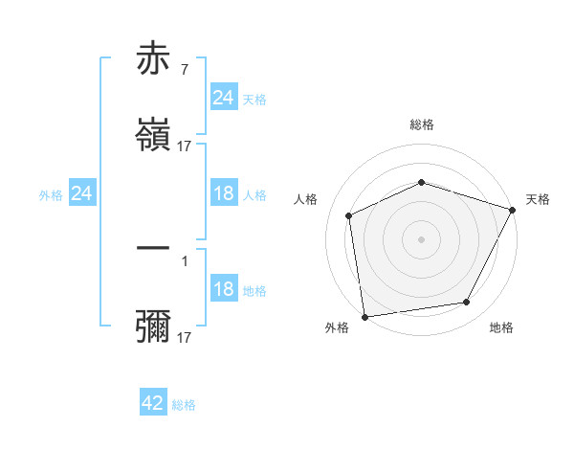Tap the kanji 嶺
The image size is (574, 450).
pyautogui.click(x=153, y=135)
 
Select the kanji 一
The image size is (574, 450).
pyautogui.click(x=153, y=249)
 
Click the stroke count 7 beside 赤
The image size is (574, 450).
pyautogui.click(x=184, y=69)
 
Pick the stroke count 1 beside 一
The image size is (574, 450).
pyautogui.click(x=184, y=259)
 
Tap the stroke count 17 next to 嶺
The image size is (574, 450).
pyautogui.click(x=185, y=146)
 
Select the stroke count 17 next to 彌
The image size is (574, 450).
pyautogui.click(x=185, y=338)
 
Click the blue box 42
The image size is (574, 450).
pyautogui.click(x=153, y=403)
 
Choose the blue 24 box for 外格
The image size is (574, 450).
pyautogui.click(x=81, y=194)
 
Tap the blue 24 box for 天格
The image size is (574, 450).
pyautogui.click(x=223, y=97)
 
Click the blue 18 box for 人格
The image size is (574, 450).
pyautogui.click(x=223, y=194)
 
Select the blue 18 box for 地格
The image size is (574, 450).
pyautogui.click(x=223, y=290)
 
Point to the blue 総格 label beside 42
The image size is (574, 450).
pyautogui.click(x=184, y=405)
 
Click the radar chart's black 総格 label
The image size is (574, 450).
pyautogui.click(x=421, y=124)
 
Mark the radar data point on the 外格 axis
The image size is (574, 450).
pyautogui.click(x=364, y=316)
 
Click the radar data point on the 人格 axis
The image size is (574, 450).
pyautogui.click(x=349, y=215)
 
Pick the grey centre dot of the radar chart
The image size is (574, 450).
pyautogui.click(x=421, y=239)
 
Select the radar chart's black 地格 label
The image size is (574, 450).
pyautogui.click(x=501, y=327)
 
